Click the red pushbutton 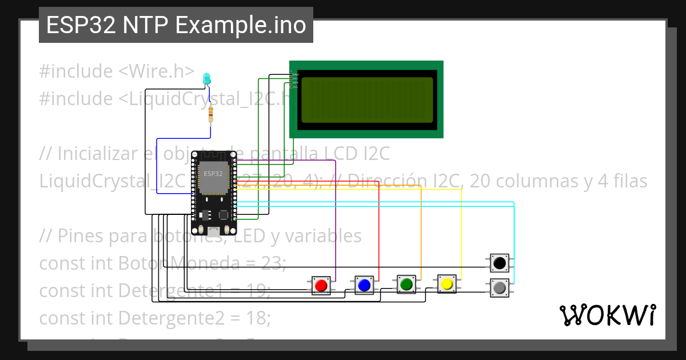(x=321, y=285)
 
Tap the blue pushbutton (x=364, y=284)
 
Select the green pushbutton (x=406, y=283)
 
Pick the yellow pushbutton (x=446, y=283)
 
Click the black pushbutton (x=500, y=263)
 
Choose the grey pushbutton (x=500, y=287)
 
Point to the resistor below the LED (x=211, y=114)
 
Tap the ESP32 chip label (x=213, y=173)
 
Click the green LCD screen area (x=366, y=100)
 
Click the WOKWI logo (x=607, y=315)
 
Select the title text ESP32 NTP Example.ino (x=176, y=25)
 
